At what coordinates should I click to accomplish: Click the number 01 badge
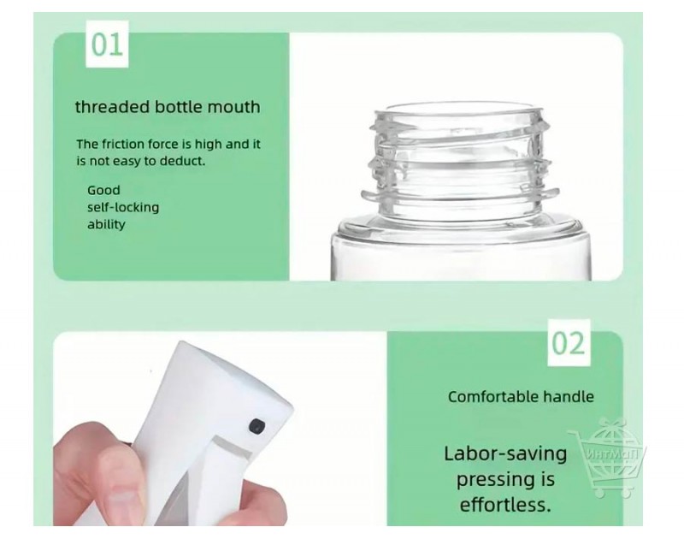pos(107,44)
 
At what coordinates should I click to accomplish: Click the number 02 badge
pos(569,343)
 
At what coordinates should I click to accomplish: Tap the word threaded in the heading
pos(113,107)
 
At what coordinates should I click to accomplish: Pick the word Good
pos(103,190)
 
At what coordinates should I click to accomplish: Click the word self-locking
pos(123,207)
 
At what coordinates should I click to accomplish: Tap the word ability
pos(106,224)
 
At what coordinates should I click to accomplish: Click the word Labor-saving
pos(505,454)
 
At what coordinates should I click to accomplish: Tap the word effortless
pos(505,505)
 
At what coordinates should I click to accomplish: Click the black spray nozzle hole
pos(256,426)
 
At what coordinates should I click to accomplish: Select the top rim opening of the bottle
pos(459,109)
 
